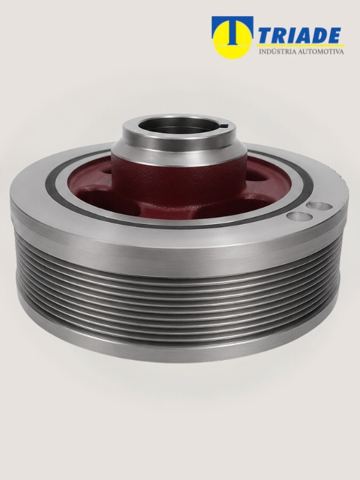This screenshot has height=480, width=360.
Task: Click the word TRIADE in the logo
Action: pos(300,35)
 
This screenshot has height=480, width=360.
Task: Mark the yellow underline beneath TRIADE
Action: pos(301,45)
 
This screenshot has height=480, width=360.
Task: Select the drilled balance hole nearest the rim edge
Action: pos(320,206)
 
